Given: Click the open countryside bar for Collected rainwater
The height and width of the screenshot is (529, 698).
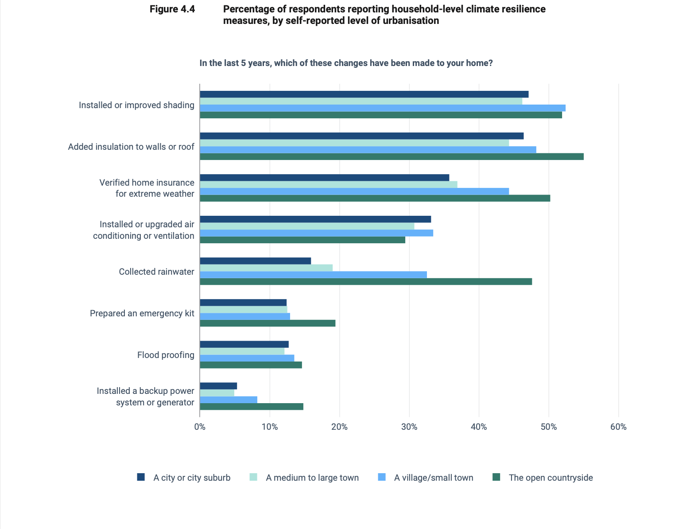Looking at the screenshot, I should pos(366,281).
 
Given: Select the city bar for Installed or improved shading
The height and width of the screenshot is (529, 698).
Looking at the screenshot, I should pos(364,94).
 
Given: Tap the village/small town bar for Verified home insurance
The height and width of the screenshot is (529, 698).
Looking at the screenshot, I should pos(354,191).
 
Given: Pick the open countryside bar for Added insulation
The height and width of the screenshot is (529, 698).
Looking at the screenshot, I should pos(392,156).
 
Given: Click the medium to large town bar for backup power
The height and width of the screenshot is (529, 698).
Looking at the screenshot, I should pos(217,393).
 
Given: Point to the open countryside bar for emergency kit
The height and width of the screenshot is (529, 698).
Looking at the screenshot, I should pos(268,323).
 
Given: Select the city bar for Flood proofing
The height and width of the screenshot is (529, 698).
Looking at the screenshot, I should pos(244,344).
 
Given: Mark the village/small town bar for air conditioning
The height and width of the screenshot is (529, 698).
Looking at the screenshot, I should pos(316,233).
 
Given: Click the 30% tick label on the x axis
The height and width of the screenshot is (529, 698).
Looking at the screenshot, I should pos(409,427).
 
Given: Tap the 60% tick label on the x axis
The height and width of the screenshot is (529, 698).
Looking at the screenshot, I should pos(618,427).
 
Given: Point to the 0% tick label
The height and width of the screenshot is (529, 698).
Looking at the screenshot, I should pos(200,427).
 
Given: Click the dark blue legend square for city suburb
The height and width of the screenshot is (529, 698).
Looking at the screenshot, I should pos(141,477).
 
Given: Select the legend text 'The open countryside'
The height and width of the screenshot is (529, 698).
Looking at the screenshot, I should pos(551,478).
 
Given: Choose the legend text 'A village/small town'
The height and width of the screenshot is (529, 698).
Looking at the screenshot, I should pos(434,478).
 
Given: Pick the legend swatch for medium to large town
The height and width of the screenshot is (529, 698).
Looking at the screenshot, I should pos(253,477).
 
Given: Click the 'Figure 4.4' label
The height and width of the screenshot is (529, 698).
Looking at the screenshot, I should pos(172,9).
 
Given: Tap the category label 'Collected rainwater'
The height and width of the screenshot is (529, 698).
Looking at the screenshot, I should pos(156,272).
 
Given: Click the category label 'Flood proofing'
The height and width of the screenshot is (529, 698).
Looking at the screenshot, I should pos(166,355).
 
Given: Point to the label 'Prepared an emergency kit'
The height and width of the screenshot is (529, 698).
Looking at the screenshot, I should pos(142,313).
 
